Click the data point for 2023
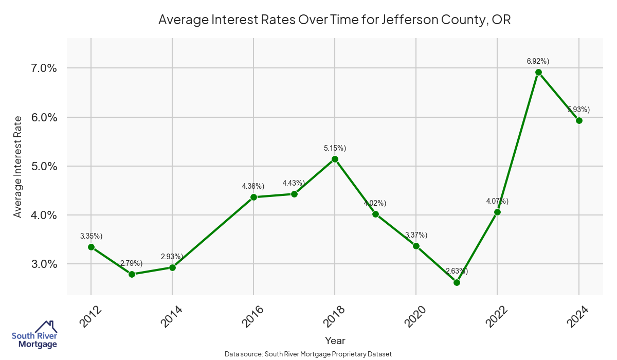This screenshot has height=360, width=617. [x=538, y=72]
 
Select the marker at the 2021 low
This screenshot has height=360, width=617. [x=457, y=282]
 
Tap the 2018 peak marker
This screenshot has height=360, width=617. [x=335, y=159]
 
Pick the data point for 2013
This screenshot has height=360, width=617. [x=132, y=274]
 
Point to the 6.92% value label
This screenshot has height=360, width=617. [x=538, y=61]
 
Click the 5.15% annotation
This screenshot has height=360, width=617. [x=335, y=148]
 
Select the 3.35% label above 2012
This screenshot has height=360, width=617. [x=91, y=236]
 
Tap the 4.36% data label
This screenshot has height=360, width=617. [x=253, y=186]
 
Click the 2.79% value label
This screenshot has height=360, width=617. [x=132, y=263]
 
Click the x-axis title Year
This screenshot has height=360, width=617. [x=335, y=340]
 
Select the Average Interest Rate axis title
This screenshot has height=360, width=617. [x=18, y=166]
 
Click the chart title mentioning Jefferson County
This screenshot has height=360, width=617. [x=334, y=20]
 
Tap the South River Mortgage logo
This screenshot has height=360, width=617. [x=34, y=335]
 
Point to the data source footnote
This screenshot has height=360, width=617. [x=308, y=354]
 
